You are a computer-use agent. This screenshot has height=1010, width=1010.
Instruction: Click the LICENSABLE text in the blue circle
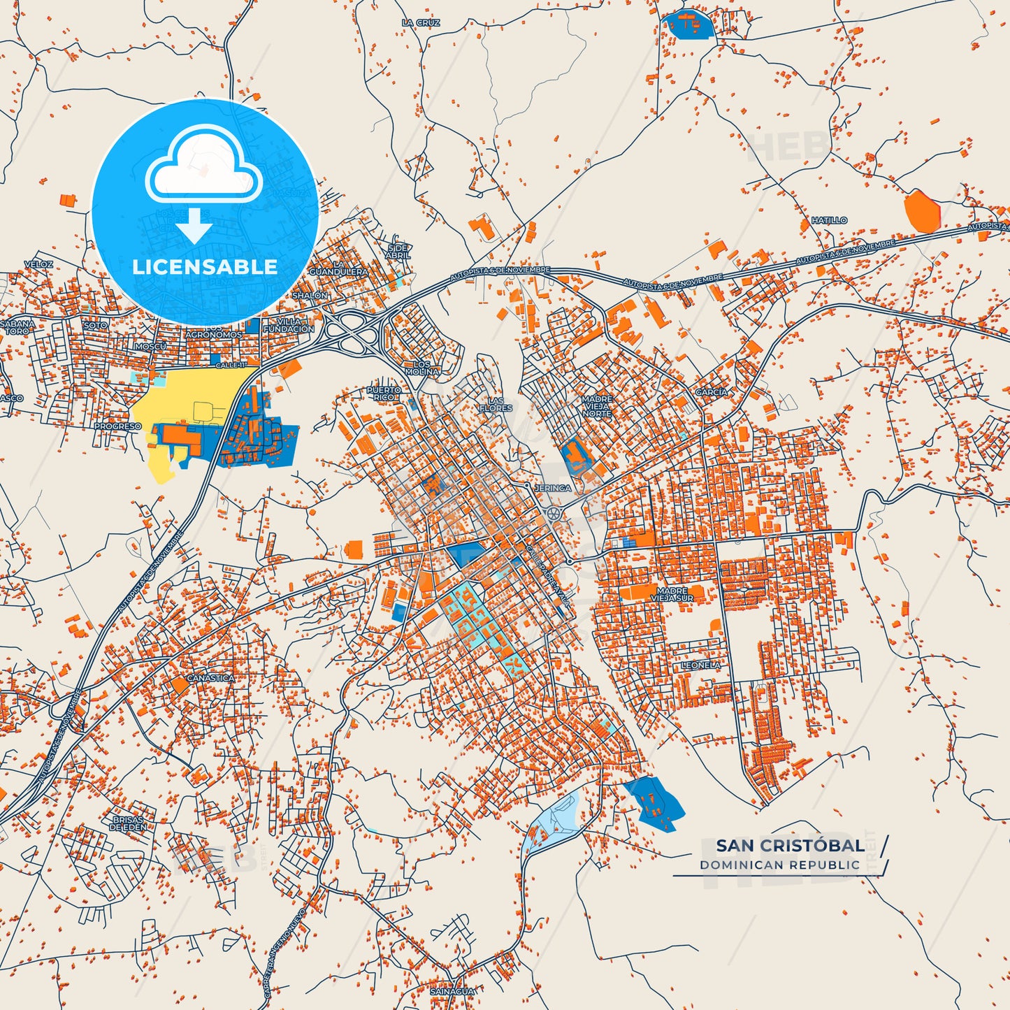tap(205, 267)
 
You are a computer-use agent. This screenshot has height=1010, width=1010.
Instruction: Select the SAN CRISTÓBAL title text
tap(790, 845)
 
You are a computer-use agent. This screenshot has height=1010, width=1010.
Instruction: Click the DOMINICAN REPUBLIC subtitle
tap(779, 865)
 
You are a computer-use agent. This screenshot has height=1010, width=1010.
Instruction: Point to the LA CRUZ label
tap(421, 23)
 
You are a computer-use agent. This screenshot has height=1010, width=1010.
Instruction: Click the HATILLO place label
tap(829, 220)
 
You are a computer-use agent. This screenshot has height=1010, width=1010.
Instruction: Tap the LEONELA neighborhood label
tap(700, 665)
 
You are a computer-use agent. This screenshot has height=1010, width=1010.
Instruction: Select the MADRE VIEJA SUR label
tap(672, 595)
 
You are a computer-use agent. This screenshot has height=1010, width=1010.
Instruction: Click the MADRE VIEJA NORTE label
tap(596, 406)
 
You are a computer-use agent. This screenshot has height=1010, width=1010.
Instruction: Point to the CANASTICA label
tap(210, 678)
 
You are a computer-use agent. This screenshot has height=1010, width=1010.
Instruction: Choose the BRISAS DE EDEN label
tap(128, 823)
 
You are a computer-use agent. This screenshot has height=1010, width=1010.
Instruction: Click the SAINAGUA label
tap(452, 991)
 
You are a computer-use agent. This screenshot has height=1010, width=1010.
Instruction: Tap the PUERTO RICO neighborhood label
tap(384, 394)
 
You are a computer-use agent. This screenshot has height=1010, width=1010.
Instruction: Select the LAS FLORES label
tap(496, 404)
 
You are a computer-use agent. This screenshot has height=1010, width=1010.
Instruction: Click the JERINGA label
tap(552, 488)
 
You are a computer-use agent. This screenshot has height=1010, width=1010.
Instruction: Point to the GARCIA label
tap(711, 392)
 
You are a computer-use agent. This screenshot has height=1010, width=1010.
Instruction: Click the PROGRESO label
tap(117, 426)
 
